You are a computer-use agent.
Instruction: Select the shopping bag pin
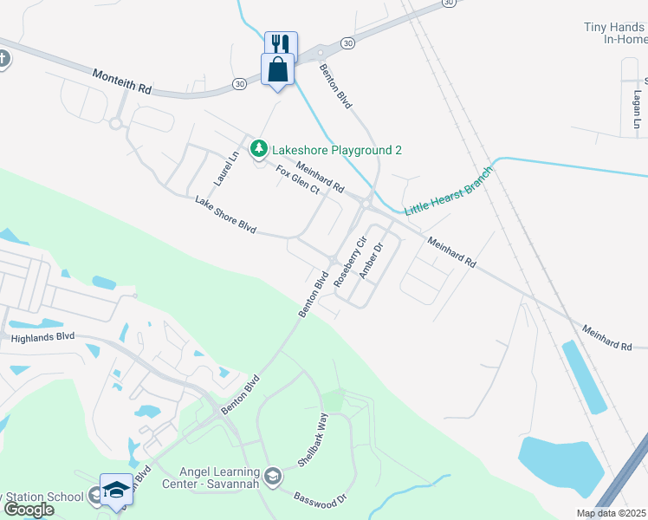(x=278, y=68)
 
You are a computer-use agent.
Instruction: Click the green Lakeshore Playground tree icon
(x=258, y=150)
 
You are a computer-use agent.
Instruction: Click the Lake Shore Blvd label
(x=225, y=216)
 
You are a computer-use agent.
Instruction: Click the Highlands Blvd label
(x=42, y=336)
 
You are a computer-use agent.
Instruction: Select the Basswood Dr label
(x=320, y=497)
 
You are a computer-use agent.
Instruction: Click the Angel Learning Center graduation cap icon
(x=273, y=476)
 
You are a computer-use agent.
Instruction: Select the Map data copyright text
(x=612, y=513)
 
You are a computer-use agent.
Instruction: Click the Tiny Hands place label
(x=615, y=33)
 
